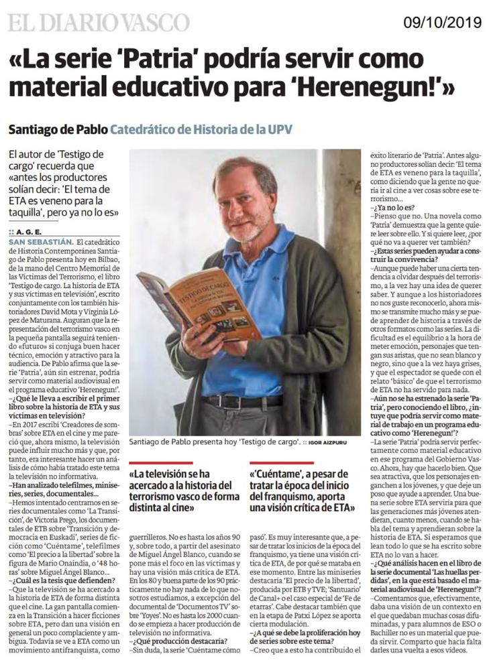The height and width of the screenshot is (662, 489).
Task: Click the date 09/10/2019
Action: click(443, 21)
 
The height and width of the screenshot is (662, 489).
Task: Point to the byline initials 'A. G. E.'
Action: click(26, 232)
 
